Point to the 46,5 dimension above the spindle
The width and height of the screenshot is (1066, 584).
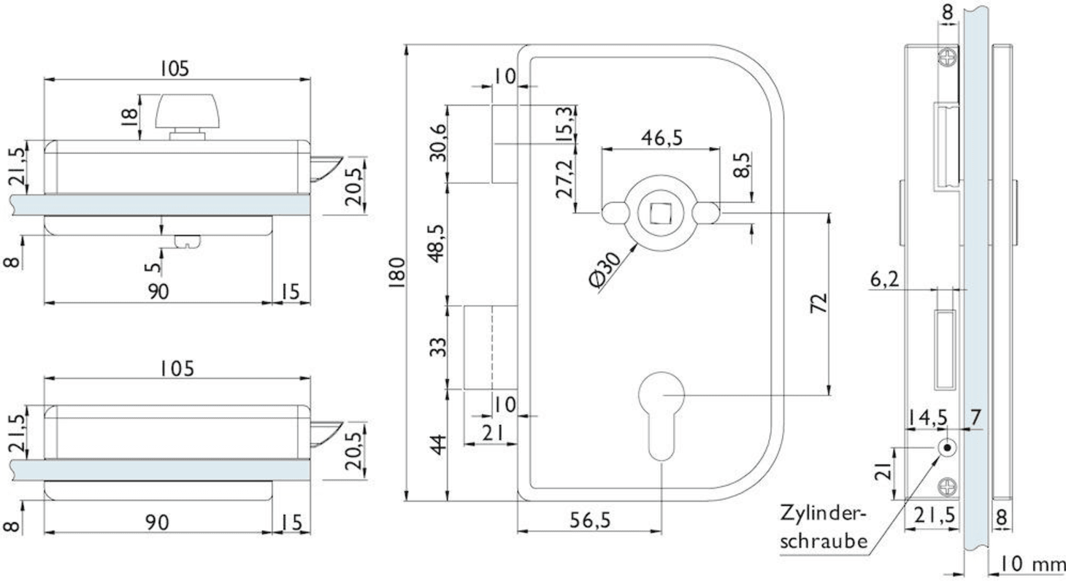pos(662,138)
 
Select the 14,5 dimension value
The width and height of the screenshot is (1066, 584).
pos(927,417)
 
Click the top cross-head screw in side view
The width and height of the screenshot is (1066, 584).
pos(948,58)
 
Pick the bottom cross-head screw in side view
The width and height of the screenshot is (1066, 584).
pos(948,483)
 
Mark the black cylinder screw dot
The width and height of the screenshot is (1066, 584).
pos(946,447)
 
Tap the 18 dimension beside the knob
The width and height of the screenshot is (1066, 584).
pos(129,115)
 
